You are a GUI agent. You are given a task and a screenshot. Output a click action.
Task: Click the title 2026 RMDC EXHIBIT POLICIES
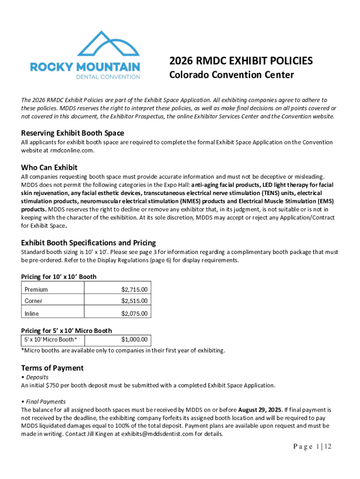(241, 61)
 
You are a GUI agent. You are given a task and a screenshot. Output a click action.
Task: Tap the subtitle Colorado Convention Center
(231, 75)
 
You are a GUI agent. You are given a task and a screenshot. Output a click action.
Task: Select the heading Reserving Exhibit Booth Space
(72, 133)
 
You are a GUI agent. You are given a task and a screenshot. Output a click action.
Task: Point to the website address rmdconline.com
(72, 151)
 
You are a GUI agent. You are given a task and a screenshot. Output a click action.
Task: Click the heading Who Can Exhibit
(49, 167)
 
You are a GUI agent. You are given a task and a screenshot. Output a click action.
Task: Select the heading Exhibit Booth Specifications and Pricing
(88, 243)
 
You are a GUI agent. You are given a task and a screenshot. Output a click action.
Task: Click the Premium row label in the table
(36, 290)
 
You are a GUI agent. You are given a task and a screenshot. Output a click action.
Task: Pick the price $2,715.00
(134, 290)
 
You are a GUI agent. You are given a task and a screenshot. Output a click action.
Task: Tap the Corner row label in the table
(34, 301)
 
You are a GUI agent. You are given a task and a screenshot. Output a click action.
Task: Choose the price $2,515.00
(134, 301)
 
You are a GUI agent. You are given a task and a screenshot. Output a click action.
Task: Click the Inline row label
(32, 313)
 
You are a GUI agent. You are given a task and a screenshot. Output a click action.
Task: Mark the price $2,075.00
(134, 313)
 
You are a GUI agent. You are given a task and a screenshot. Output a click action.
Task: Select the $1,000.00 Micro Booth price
(134, 340)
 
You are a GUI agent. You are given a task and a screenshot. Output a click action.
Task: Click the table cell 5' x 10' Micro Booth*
(51, 340)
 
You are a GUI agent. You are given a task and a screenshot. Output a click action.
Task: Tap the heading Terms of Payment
(52, 368)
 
